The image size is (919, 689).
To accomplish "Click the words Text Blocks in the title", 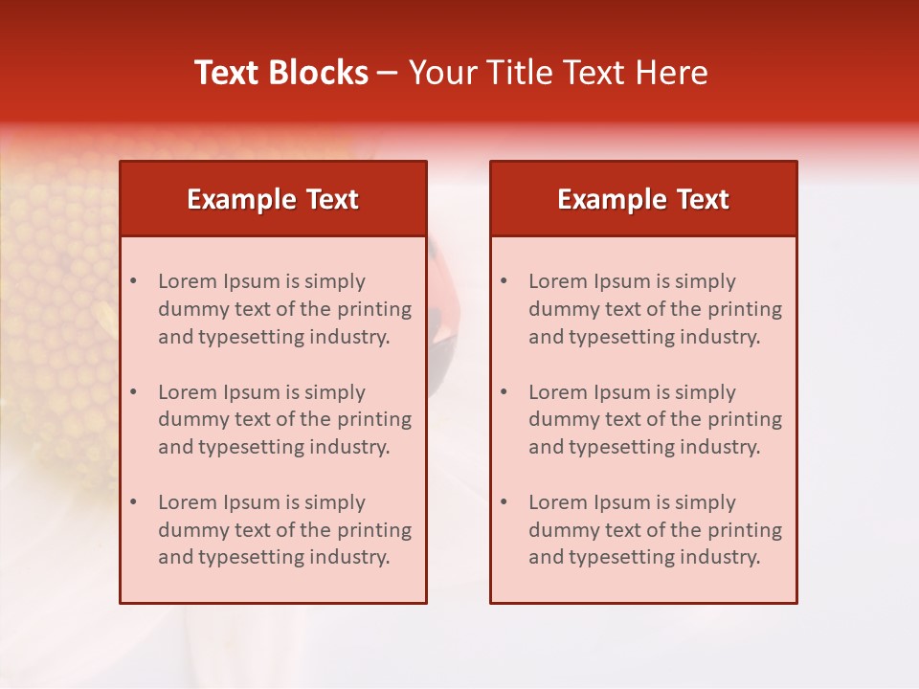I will (x=281, y=73).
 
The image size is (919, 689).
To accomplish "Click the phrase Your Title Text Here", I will (x=558, y=73).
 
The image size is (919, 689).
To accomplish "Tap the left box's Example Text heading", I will (x=273, y=199).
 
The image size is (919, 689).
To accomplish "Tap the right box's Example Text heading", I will (x=643, y=199).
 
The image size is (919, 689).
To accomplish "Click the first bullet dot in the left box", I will (x=133, y=281).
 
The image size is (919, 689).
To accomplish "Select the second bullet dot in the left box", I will (x=133, y=392).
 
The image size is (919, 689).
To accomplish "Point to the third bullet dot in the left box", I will (x=133, y=502).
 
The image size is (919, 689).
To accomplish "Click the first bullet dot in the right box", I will (x=504, y=281).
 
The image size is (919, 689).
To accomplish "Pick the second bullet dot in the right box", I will (x=504, y=392).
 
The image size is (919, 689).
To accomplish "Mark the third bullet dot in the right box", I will (x=504, y=502).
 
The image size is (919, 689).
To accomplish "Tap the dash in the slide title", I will (x=388, y=73).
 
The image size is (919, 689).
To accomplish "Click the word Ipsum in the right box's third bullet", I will (x=621, y=502).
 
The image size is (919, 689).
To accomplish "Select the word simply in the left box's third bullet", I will (x=337, y=502).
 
